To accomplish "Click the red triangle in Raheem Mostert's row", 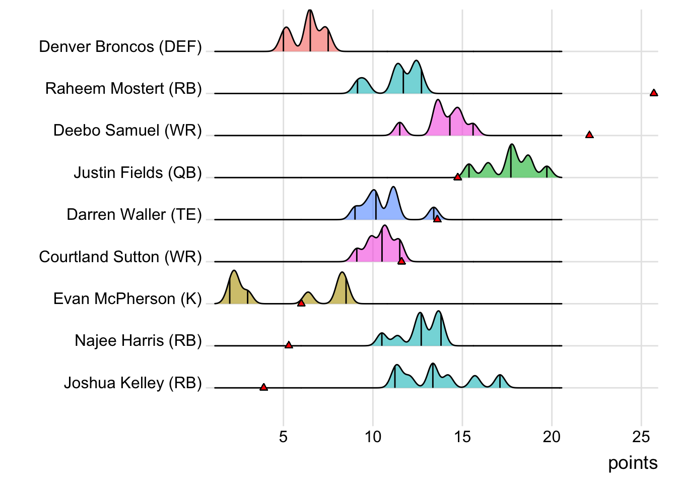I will coord(654,93).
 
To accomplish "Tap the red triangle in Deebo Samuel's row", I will coord(589,135).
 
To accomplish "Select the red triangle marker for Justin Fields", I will coord(457,177).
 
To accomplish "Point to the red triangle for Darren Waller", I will coord(437,219).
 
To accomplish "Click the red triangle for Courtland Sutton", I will coord(401,261).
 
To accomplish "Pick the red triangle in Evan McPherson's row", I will coord(301,303).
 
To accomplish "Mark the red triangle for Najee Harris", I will coord(289,345).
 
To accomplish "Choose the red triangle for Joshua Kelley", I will coord(263,387).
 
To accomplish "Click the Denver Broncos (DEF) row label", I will coord(120,47).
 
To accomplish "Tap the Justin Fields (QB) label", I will coord(138,173).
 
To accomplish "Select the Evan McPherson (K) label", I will coord(127,299).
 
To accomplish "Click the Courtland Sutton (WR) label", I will coord(120,257).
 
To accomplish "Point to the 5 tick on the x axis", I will coord(283,437).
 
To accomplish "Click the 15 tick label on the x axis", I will coord(462,437).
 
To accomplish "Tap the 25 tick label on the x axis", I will coord(641,437).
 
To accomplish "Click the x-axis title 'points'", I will coord(633,463).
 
